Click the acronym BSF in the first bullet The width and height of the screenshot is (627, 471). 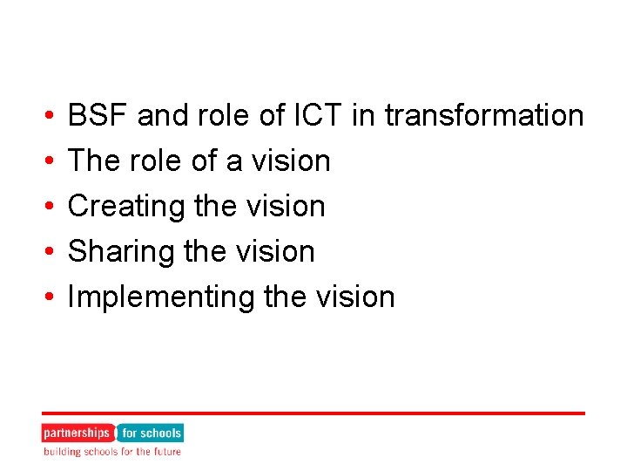98,115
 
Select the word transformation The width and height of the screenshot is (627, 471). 484,115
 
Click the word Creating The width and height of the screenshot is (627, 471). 127,206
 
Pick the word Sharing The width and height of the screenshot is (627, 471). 120,251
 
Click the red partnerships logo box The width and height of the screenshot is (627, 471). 77,433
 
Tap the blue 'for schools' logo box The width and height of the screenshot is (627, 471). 151,433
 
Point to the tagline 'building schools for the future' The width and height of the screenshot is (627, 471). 112,452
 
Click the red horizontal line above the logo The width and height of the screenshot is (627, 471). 313,413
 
